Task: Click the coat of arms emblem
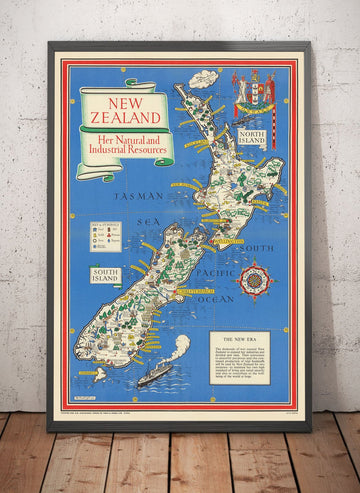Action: pos(254,95)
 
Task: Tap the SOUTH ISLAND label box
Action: pos(105,273)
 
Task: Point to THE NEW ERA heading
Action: pos(244,341)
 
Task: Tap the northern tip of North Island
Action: pos(178,88)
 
